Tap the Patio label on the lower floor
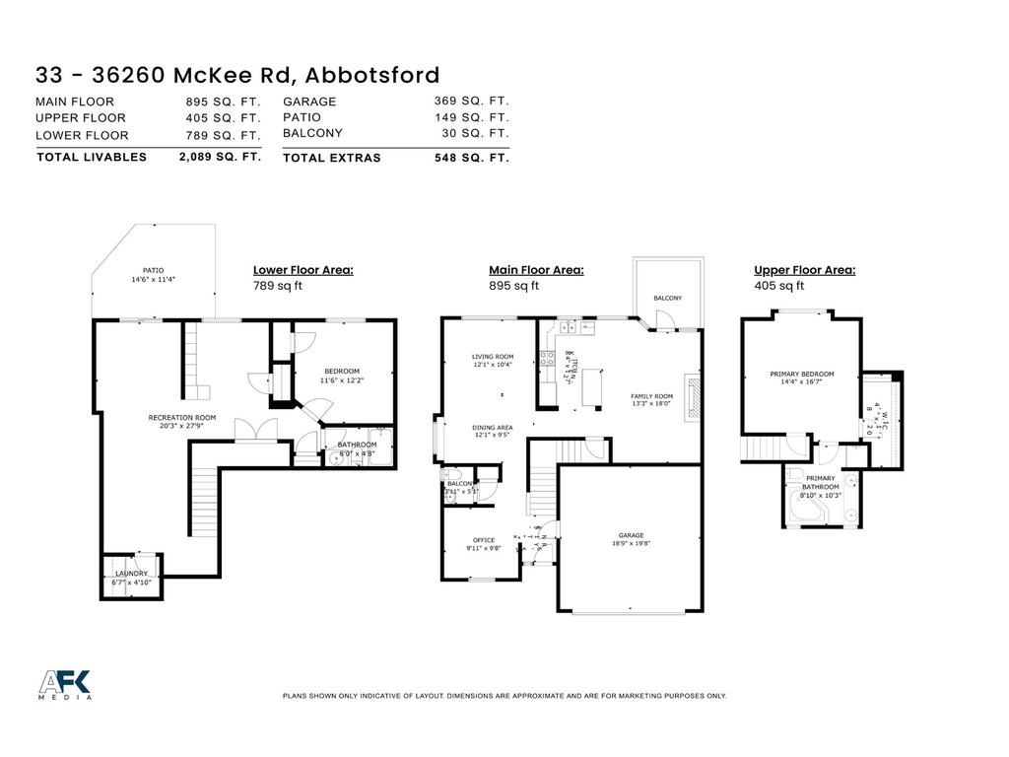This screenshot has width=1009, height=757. point(153,270)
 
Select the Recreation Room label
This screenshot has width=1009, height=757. point(182,417)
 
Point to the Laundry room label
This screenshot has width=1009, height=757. point(131,574)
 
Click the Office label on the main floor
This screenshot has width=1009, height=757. point(483,540)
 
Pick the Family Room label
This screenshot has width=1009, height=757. point(651,396)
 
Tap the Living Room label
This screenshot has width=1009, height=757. point(493,357)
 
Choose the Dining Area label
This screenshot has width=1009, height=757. point(493,428)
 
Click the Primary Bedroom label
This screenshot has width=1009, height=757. point(802,374)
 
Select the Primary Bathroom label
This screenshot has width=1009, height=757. point(820,483)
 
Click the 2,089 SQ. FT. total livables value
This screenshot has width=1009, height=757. point(220,156)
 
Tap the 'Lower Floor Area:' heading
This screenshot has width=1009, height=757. point(303,269)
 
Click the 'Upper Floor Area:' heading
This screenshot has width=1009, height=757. point(804,269)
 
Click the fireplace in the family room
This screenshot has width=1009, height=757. point(695,396)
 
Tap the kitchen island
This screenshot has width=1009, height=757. point(593,386)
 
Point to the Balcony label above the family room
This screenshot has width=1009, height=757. point(667,298)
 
